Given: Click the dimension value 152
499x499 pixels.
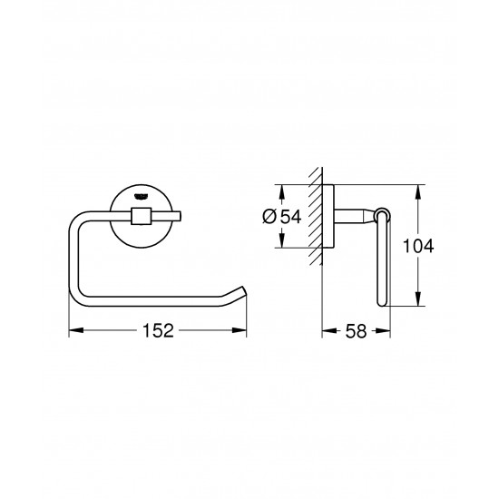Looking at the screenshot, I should [x=158, y=331].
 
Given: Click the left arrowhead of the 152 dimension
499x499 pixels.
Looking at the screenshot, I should [x=74, y=331].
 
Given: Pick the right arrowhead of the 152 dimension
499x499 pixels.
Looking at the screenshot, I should [x=243, y=331].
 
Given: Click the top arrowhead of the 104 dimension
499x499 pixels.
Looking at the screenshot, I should [x=419, y=190].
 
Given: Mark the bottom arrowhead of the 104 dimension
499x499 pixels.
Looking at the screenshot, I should [x=419, y=304].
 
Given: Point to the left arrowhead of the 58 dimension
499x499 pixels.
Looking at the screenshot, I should [x=327, y=331].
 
